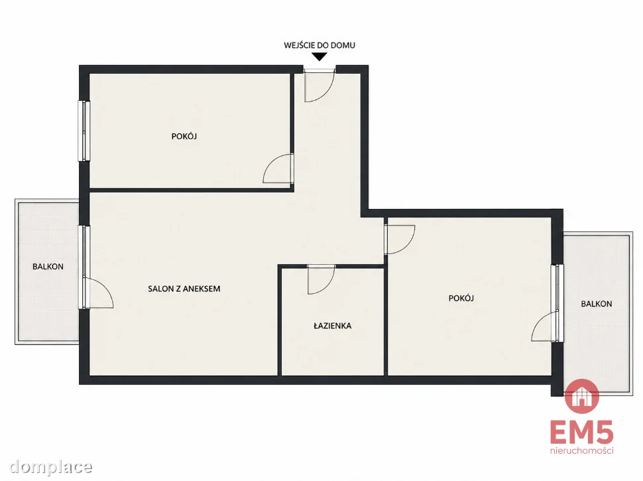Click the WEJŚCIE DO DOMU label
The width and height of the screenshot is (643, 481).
click(x=320, y=45)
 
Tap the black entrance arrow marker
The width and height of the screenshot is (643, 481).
click(x=320, y=56)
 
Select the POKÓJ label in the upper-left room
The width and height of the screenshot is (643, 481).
click(x=184, y=136)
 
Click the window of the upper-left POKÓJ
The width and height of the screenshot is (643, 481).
click(x=84, y=131)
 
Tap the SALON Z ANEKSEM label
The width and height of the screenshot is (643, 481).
click(x=184, y=289)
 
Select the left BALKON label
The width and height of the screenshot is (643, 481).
click(x=48, y=267)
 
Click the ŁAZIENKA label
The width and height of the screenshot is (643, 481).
click(x=333, y=326)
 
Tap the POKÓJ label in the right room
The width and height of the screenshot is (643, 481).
click(x=461, y=299)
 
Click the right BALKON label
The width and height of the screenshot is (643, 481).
click(x=596, y=304)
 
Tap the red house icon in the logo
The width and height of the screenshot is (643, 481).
click(x=582, y=396)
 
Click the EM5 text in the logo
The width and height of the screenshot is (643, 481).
click(x=581, y=433)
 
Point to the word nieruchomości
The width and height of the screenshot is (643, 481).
click(x=582, y=450)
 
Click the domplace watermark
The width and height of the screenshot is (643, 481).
click(x=51, y=467)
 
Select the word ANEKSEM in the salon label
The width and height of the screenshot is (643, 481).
click(x=202, y=289)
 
